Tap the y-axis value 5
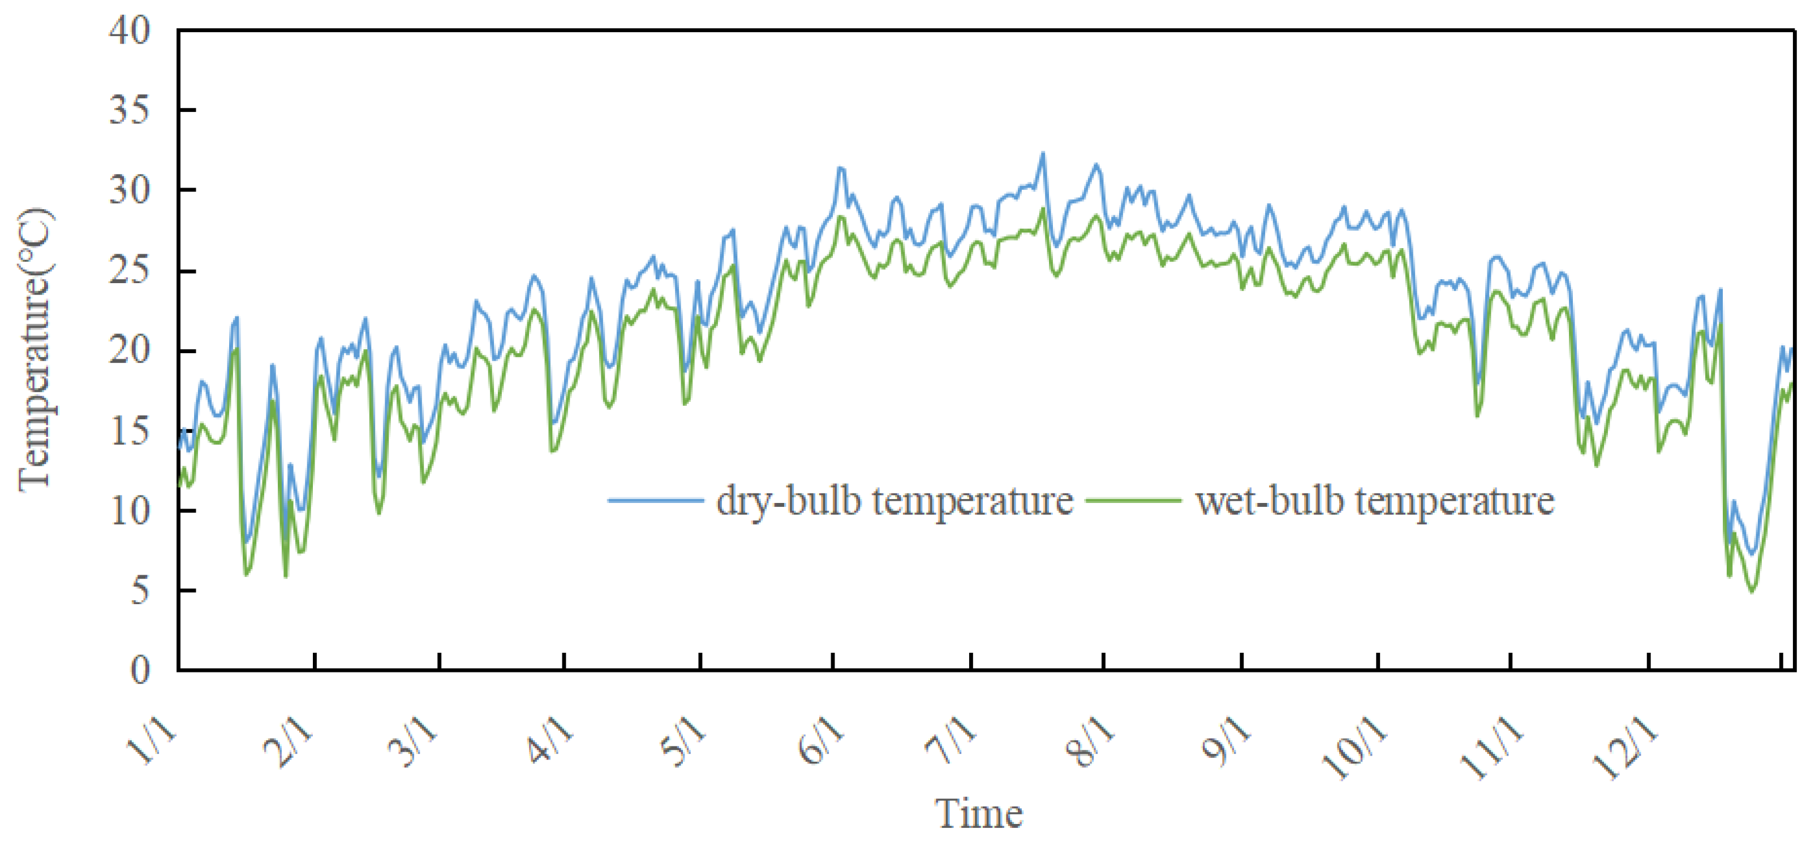click(140, 591)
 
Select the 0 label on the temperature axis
click(140, 670)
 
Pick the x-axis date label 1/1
click(151, 741)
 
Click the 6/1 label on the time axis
click(820, 741)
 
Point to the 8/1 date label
click(1091, 741)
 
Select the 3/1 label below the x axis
click(413, 741)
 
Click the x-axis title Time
click(979, 814)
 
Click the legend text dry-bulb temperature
click(895, 501)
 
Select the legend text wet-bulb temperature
click(1375, 501)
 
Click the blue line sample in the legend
click(656, 501)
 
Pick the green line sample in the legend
click(1134, 501)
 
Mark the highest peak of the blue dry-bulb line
click(1043, 153)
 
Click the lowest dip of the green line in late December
click(1751, 591)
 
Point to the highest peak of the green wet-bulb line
click(1043, 209)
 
